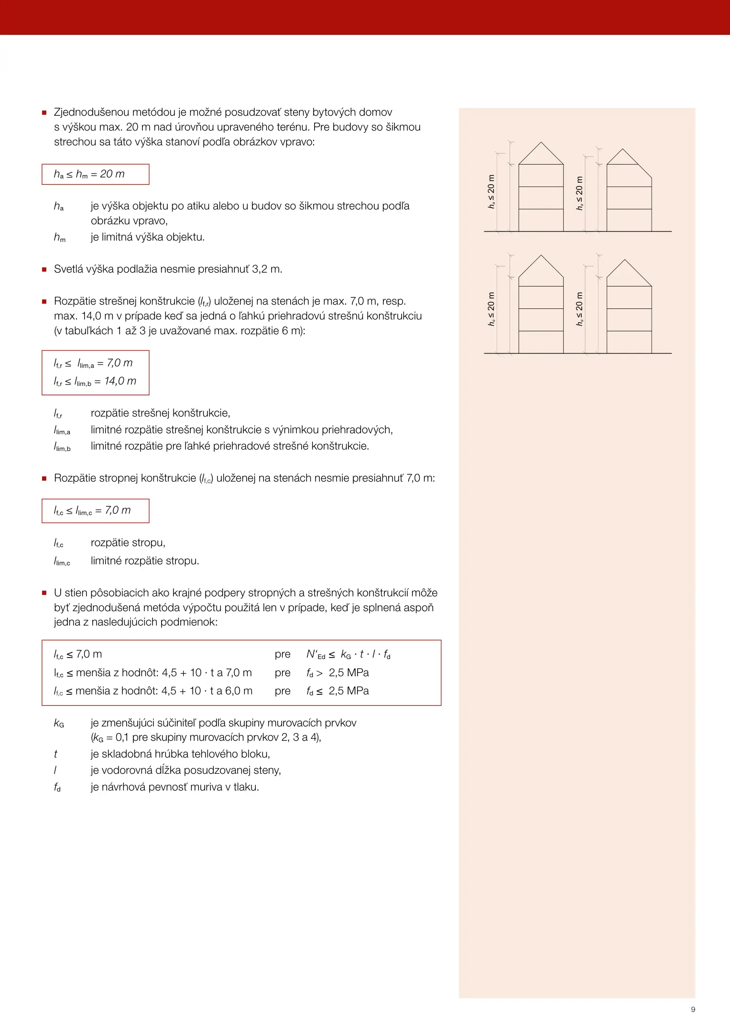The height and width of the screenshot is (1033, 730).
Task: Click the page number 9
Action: [693, 1010]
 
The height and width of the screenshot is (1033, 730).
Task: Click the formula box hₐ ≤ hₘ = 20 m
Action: [95, 174]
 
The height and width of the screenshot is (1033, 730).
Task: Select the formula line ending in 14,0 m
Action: [95, 381]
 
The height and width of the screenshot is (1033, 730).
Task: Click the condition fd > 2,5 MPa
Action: [338, 673]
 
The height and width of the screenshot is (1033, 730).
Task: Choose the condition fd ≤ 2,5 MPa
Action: [338, 691]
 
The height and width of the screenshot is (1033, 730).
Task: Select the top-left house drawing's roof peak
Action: [541, 143]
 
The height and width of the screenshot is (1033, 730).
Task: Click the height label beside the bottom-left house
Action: [491, 309]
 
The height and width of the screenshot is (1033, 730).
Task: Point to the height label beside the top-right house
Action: [579, 193]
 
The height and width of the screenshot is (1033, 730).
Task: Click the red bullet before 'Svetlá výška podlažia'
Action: [44, 270]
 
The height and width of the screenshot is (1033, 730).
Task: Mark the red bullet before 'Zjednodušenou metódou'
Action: [44, 113]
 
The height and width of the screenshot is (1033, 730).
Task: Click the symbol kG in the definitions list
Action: [59, 723]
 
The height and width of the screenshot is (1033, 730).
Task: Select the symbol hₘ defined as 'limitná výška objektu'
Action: [59, 237]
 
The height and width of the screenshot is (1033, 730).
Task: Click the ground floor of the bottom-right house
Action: [629, 342]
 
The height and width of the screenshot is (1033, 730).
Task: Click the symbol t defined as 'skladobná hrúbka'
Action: [55, 754]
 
